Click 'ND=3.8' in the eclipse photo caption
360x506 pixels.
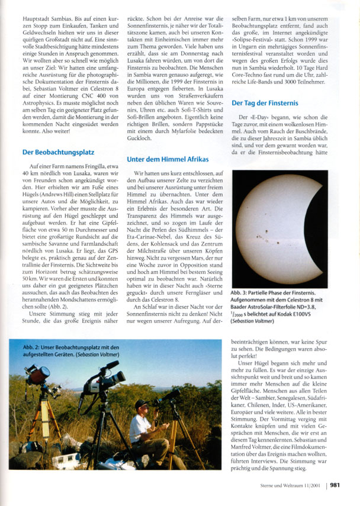pyautogui.click(x=317, y=308)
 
